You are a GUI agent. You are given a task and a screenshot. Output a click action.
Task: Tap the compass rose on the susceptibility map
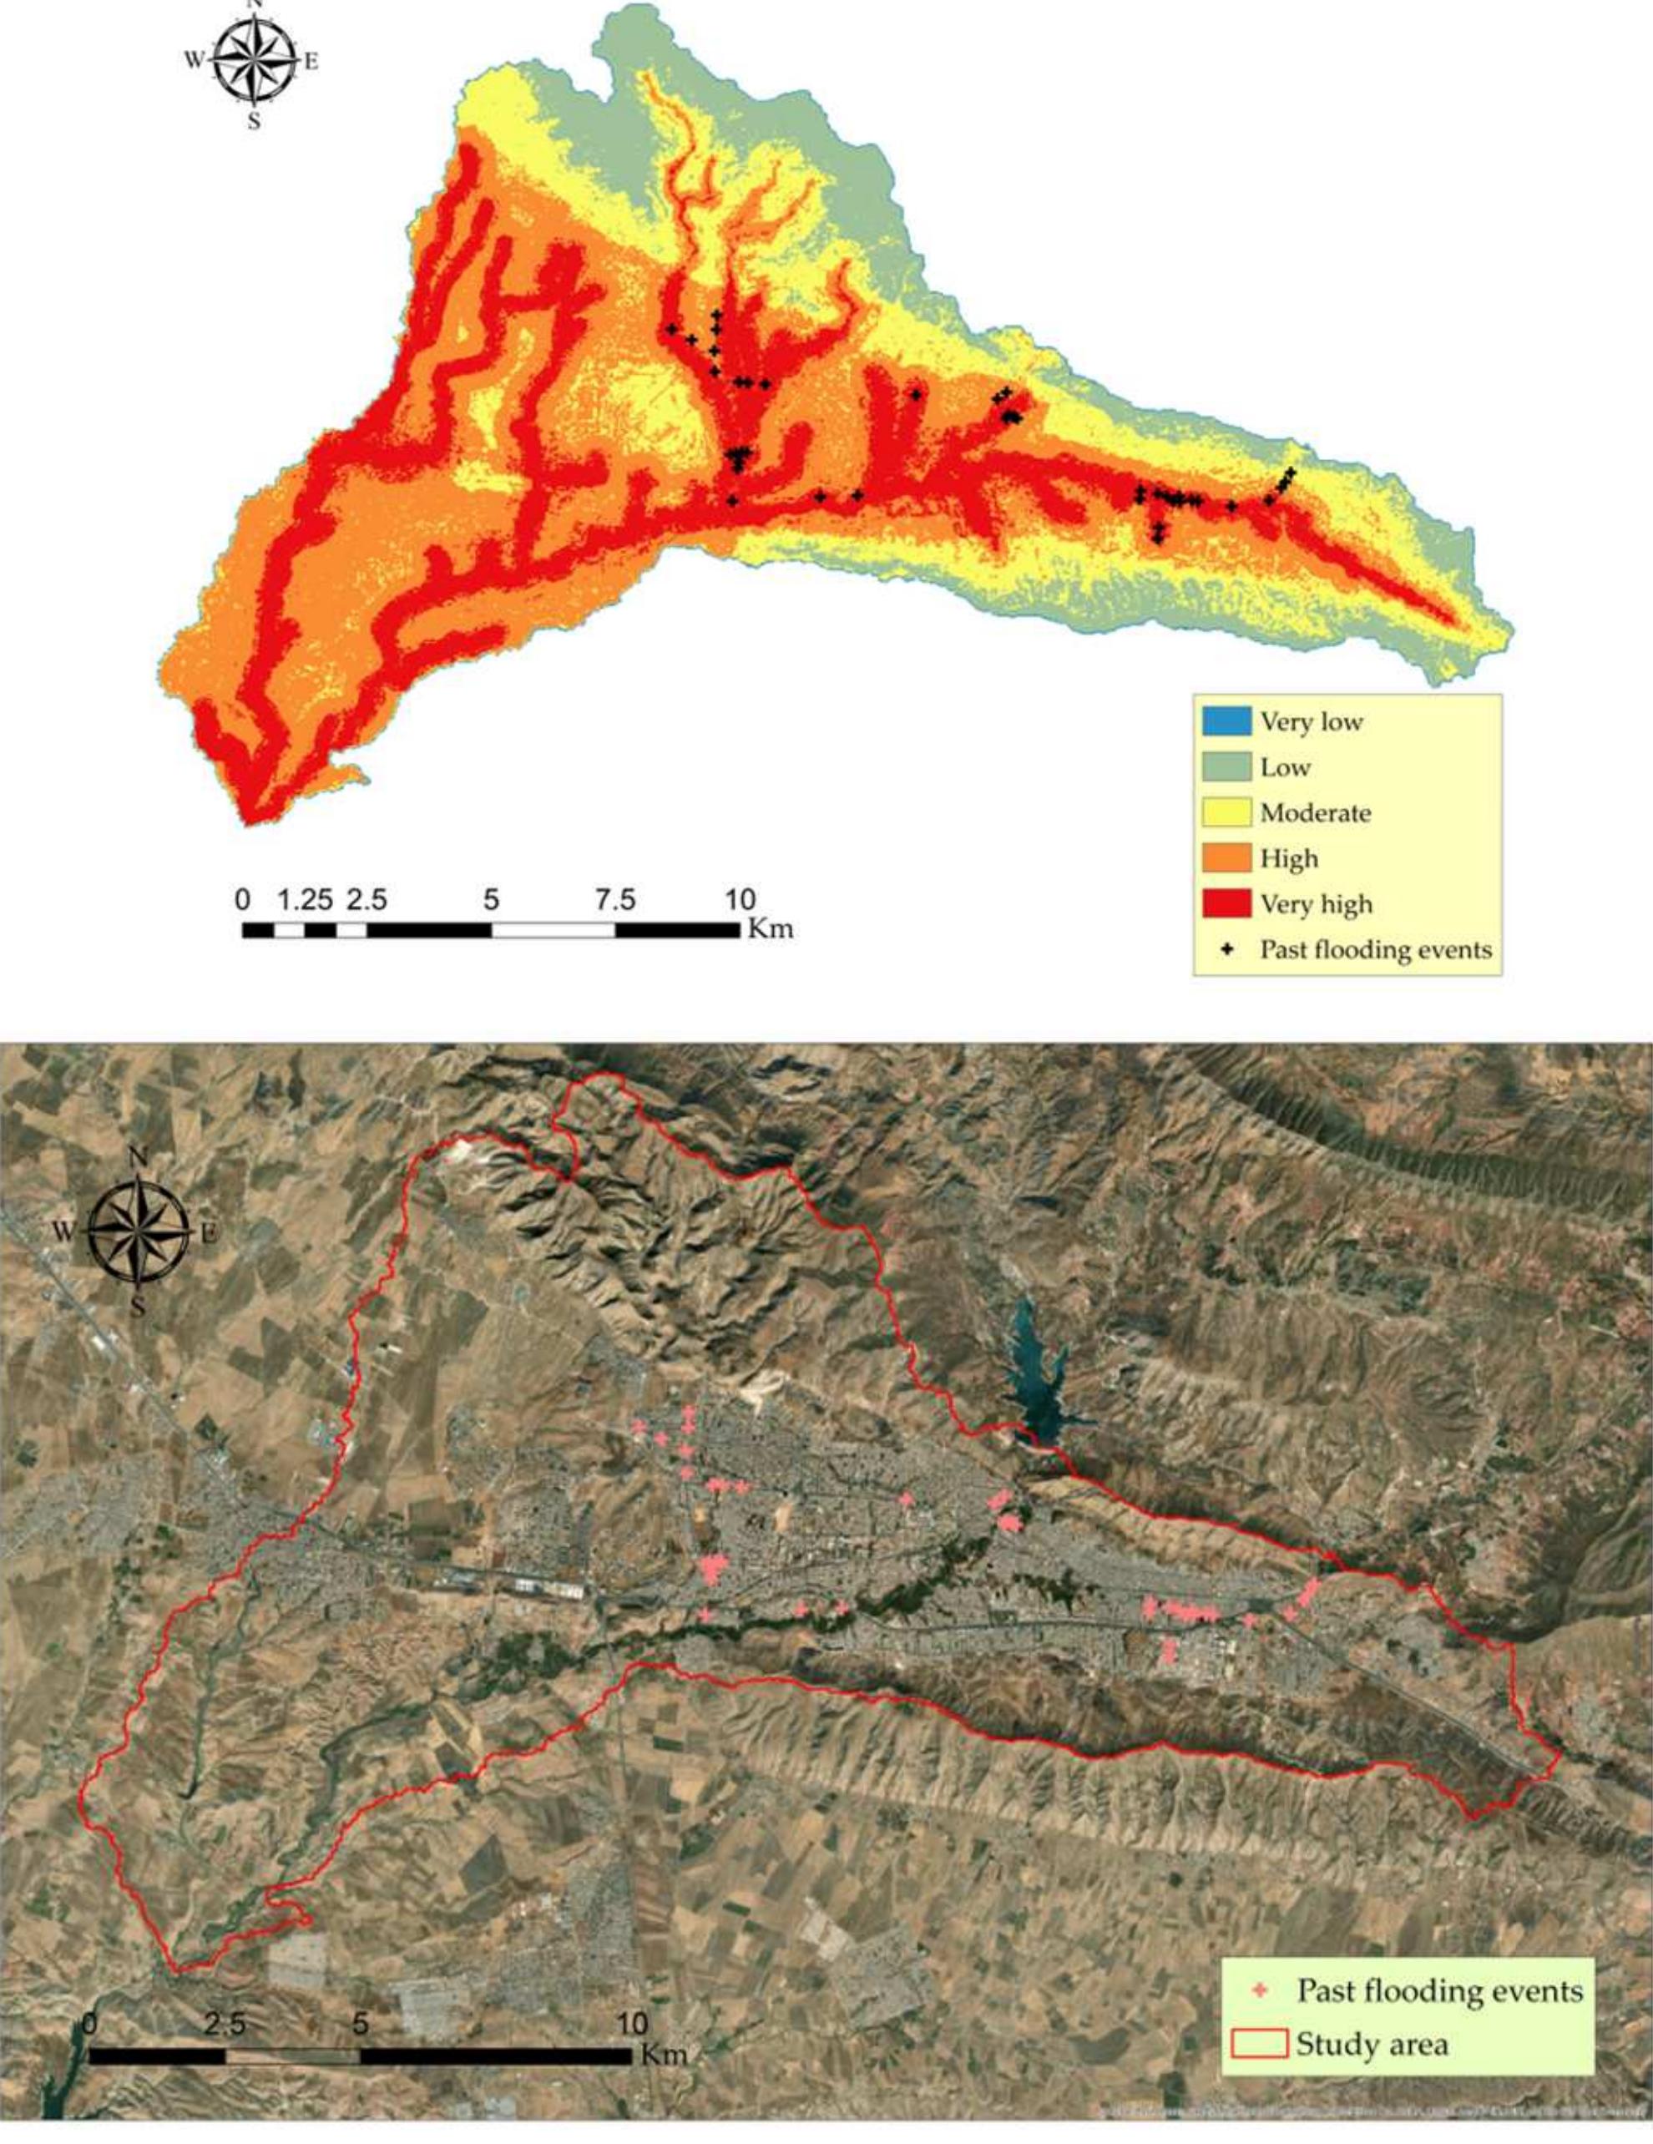(255, 61)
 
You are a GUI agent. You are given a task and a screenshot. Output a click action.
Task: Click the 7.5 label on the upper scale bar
(614, 900)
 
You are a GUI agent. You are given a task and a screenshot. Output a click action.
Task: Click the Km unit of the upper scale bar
(771, 928)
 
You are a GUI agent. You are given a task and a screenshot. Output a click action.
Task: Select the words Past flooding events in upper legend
(1375, 950)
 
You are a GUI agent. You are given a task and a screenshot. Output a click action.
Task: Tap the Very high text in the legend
(1316, 904)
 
